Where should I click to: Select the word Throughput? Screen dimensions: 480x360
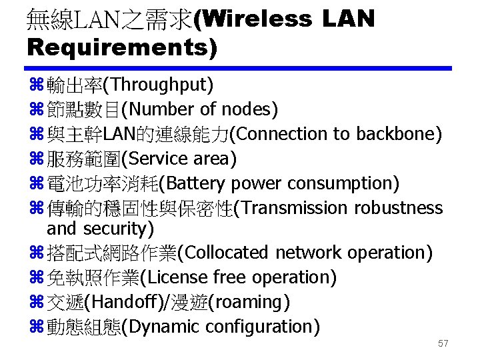[x=161, y=85]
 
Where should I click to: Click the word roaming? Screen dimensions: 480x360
[x=249, y=302]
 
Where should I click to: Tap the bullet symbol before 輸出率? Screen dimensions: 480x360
[x=35, y=85]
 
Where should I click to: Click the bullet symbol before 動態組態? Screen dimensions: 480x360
[x=35, y=327]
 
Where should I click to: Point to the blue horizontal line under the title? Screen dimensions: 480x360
[x=239, y=67]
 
